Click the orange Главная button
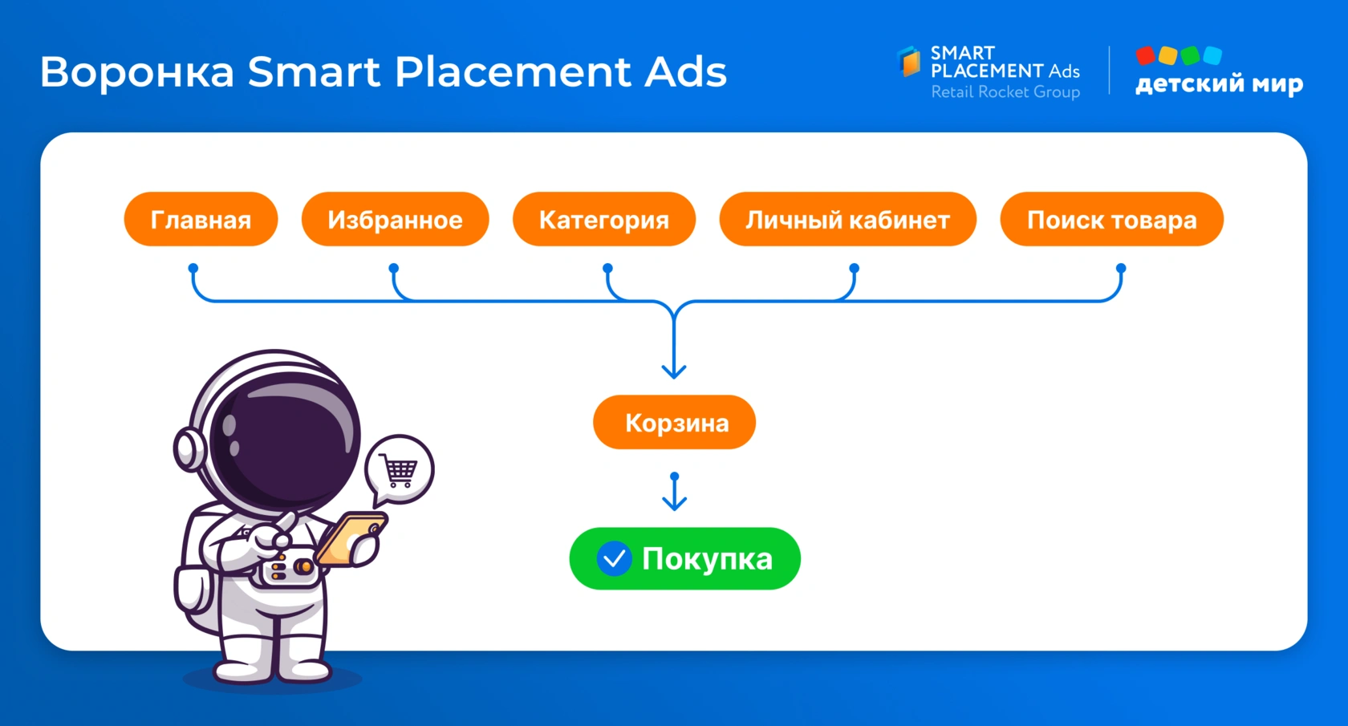[x=201, y=219]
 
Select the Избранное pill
[x=396, y=219]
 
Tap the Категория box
[x=604, y=219]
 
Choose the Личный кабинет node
[x=848, y=219]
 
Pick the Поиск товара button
[x=1112, y=219]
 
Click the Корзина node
[x=675, y=422]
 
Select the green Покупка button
[x=685, y=559]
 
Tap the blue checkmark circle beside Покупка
[x=615, y=559]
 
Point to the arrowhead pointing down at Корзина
[x=674, y=371]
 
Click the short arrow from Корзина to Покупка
[x=675, y=492]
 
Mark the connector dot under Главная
[x=193, y=268]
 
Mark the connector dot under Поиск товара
[x=1120, y=268]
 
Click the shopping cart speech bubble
[x=400, y=470]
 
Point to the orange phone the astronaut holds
[x=351, y=539]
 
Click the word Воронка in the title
[x=137, y=72]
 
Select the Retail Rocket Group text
[x=1005, y=92]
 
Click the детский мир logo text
[x=1220, y=83]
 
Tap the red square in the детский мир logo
[x=1145, y=55]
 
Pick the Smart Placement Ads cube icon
[x=909, y=61]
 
